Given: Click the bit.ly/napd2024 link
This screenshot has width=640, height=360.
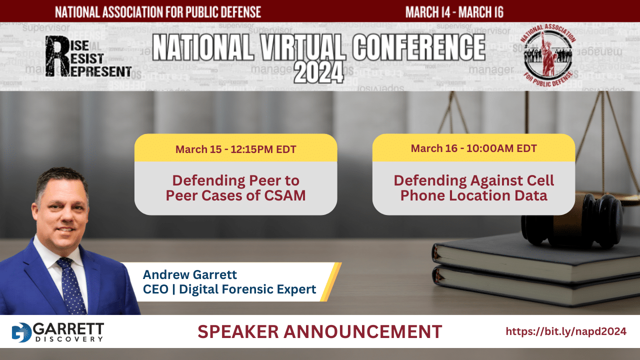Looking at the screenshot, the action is tap(566, 331).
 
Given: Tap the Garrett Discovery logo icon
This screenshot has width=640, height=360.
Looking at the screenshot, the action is tap(21, 332).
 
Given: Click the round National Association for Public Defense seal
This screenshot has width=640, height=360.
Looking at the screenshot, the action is tap(547, 55).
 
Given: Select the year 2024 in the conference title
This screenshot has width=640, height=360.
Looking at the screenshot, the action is tap(319, 72).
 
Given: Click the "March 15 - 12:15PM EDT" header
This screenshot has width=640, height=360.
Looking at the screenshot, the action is tap(235, 149).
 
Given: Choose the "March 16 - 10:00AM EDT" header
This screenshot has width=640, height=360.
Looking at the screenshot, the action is tap(473, 148).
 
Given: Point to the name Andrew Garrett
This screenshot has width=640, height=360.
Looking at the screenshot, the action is tap(189, 274).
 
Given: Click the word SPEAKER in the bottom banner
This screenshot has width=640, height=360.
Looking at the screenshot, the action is tap(238, 331).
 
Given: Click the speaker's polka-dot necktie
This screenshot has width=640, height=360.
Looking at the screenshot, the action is tap(71, 285).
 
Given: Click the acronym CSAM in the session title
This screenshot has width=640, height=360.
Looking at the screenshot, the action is tap(284, 195).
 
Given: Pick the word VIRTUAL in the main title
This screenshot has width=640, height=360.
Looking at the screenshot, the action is tap(301, 47).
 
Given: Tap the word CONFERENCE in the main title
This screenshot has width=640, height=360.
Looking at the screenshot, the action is tap(418, 47).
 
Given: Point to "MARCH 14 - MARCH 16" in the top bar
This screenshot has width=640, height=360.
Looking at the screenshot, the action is tap(454, 12).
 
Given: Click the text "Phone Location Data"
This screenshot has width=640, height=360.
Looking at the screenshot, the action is tap(473, 195).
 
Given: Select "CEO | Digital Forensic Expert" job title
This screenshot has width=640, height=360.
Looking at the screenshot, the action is tap(229, 289).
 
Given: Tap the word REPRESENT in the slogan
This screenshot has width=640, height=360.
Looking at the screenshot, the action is tap(101, 71).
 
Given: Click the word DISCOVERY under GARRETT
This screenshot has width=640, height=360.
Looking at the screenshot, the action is tap(69, 339).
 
